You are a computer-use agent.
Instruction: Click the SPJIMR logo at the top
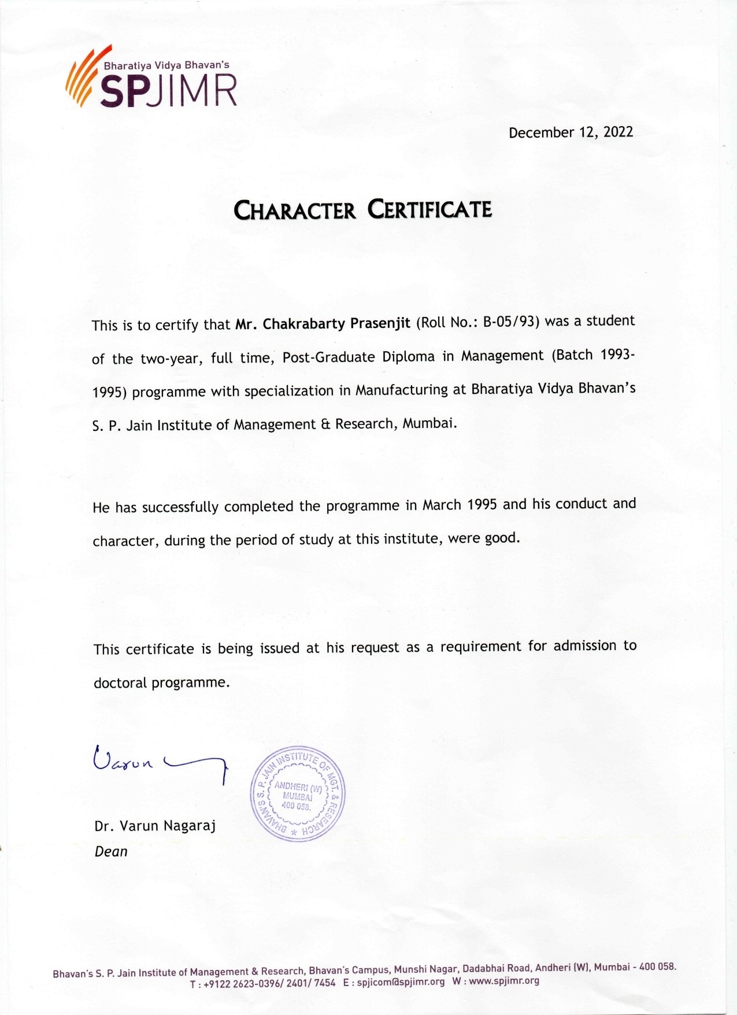[151, 81]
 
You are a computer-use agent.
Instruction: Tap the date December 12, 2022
[571, 132]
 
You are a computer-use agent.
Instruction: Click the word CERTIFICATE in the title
[429, 209]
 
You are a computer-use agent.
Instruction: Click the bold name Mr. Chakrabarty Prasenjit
[323, 323]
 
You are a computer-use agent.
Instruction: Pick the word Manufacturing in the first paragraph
[401, 390]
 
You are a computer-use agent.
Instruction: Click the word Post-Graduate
[328, 357]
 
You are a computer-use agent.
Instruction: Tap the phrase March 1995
[460, 505]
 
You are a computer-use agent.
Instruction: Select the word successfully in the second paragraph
[180, 507]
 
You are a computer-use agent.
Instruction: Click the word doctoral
[120, 683]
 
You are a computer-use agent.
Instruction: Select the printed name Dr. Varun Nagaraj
[155, 826]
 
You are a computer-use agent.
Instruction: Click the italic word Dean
[111, 851]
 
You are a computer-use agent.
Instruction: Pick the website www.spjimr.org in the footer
[503, 981]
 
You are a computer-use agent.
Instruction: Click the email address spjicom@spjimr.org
[401, 981]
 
